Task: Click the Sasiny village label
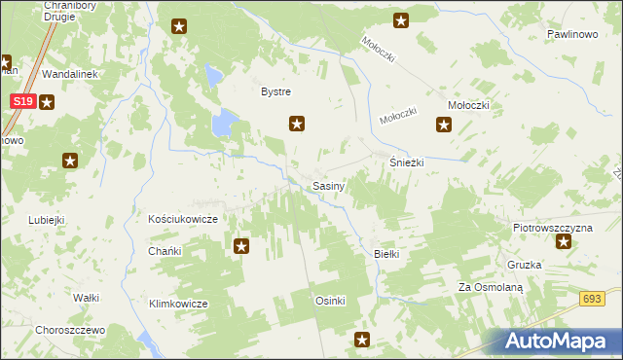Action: point(326,185)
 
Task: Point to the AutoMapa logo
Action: point(561,341)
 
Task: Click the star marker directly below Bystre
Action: point(298,124)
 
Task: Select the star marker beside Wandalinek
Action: point(46,100)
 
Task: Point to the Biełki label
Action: point(387,254)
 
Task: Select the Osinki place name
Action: point(330,301)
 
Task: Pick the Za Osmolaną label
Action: point(492,288)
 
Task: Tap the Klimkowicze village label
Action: point(178,304)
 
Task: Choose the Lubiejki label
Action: point(46,220)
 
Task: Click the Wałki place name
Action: point(87,298)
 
